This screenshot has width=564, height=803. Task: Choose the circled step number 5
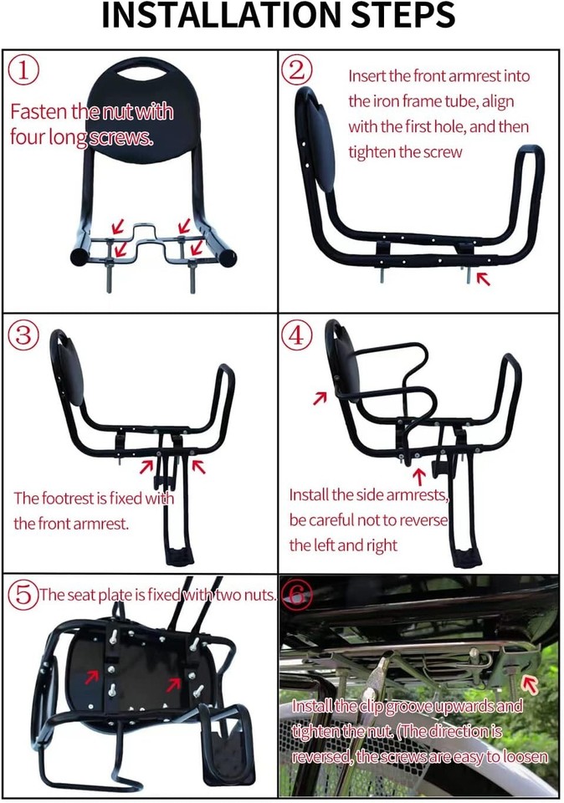pyautogui.click(x=23, y=595)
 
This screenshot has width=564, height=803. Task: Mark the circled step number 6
pyautogui.click(x=297, y=595)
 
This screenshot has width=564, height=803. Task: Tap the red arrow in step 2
pyautogui.click(x=483, y=279)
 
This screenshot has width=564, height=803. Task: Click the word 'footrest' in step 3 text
pyautogui.click(x=72, y=499)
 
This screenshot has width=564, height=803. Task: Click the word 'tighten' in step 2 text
pyautogui.click(x=373, y=153)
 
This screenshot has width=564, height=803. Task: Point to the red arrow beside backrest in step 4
pyautogui.click(x=319, y=398)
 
